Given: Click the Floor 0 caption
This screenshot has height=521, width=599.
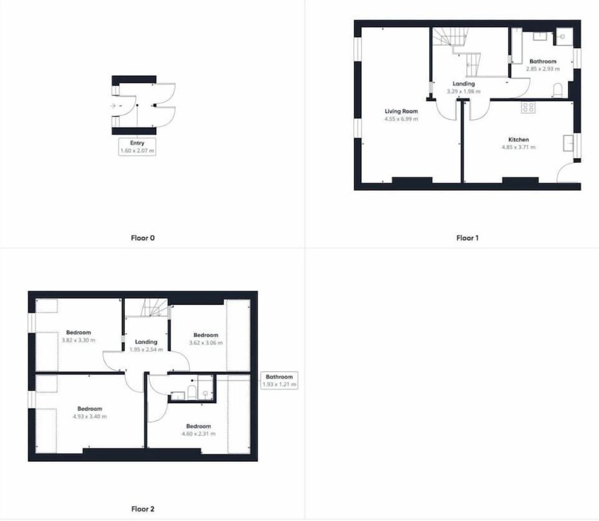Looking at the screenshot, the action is click(x=142, y=238).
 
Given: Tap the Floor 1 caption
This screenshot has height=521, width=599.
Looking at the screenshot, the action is click(x=467, y=238).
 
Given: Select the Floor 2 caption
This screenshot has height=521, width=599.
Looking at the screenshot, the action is click(x=142, y=509).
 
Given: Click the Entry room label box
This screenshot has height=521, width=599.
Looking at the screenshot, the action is click(x=137, y=147).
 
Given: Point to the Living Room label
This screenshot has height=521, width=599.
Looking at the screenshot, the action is click(x=401, y=111).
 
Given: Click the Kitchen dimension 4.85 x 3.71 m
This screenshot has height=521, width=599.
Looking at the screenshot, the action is click(x=519, y=147).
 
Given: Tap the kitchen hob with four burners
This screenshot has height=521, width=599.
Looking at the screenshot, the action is click(x=528, y=107).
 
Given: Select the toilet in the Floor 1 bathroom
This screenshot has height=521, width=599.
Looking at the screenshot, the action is click(x=558, y=90).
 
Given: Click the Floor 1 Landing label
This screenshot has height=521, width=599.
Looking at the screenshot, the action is click(x=464, y=84).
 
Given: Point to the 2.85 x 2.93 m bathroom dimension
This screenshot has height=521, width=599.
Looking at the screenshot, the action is click(x=543, y=69).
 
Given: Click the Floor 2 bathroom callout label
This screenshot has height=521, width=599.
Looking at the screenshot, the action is click(x=280, y=381).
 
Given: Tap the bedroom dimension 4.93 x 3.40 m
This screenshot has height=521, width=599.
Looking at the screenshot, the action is click(x=90, y=416).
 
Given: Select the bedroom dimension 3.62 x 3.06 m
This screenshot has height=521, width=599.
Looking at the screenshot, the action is click(x=206, y=343).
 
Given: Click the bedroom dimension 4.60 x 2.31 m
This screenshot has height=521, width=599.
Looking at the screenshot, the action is click(x=198, y=434).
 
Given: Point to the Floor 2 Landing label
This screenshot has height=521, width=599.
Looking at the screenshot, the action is click(x=146, y=342).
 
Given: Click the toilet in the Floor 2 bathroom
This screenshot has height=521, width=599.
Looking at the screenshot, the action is click(x=192, y=392).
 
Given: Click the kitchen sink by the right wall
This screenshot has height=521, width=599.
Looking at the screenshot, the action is click(x=568, y=142).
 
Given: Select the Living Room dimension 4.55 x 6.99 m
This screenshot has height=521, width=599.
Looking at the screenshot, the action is click(x=401, y=119).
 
